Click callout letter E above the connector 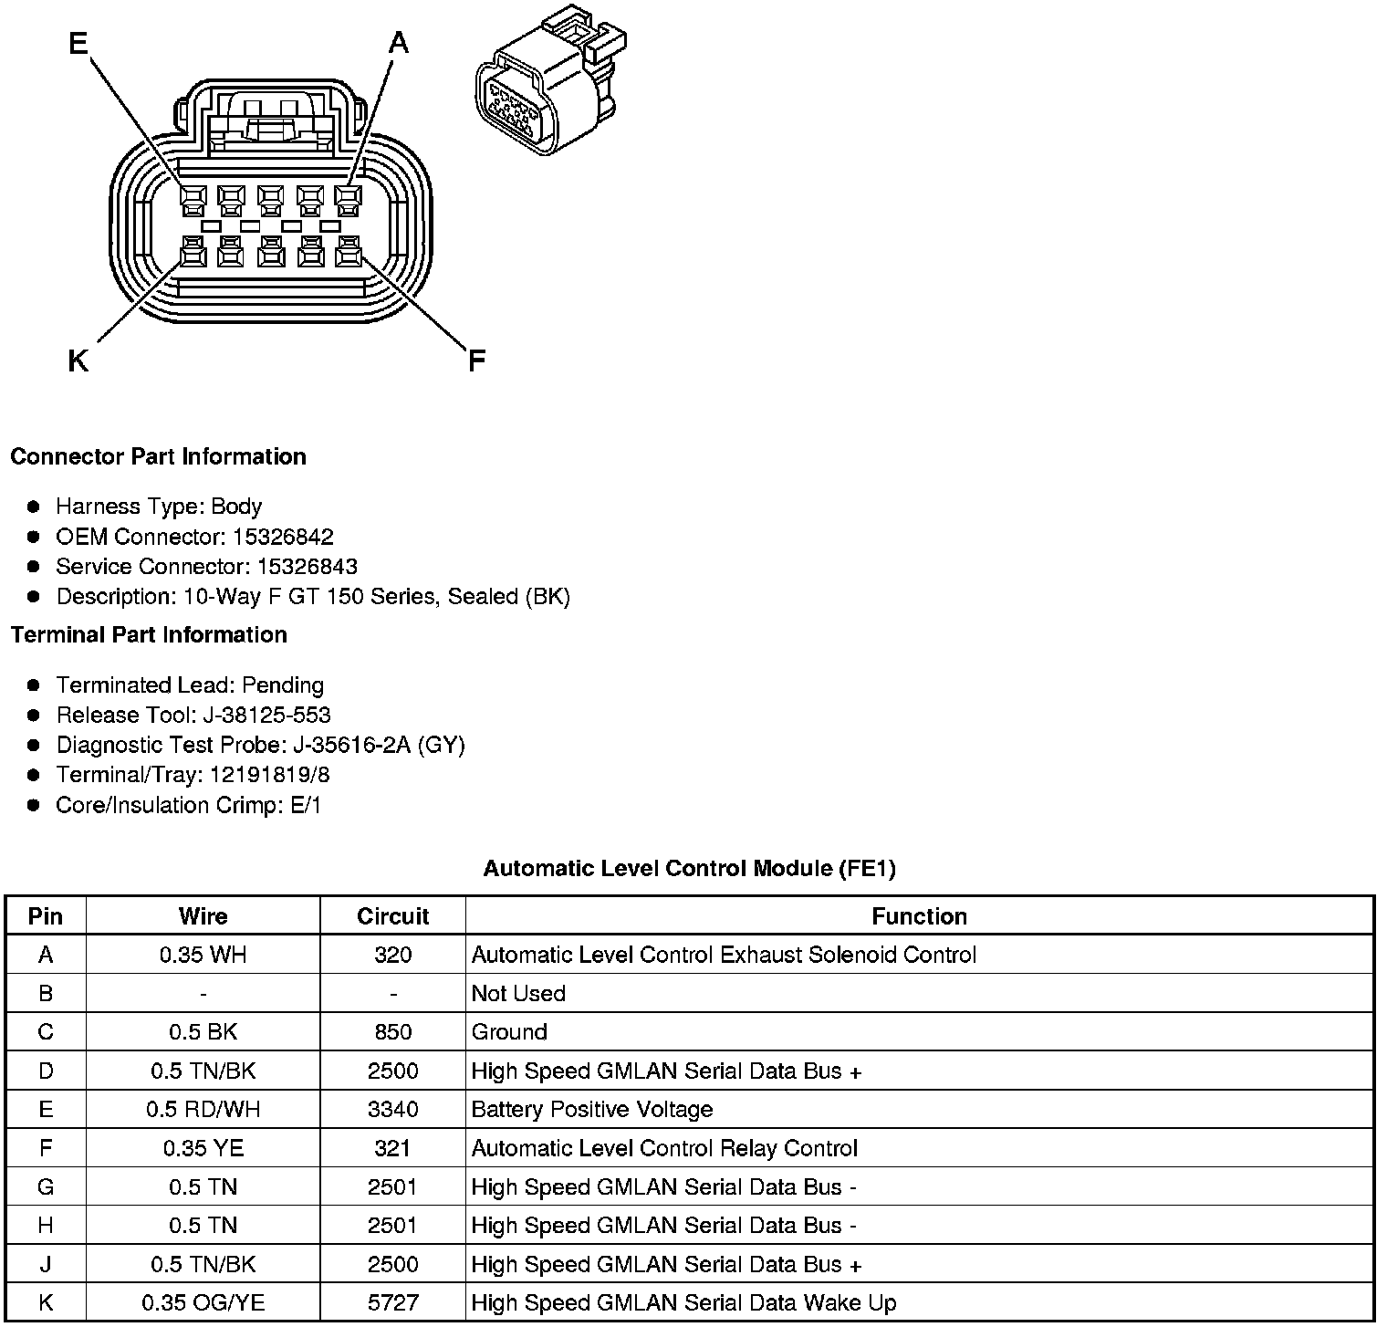[78, 43]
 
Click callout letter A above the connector [399, 43]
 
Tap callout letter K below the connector [78, 362]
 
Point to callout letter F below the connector [476, 361]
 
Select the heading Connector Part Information [158, 456]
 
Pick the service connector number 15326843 [307, 567]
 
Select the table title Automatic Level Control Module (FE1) [689, 869]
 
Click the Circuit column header [392, 916]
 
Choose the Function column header [919, 916]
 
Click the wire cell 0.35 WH [203, 955]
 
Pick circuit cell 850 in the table [392, 1032]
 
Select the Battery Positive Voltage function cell [591, 1110]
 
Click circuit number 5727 [392, 1303]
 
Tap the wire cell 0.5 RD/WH [203, 1110]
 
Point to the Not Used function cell [518, 994]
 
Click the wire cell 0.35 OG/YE [203, 1303]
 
